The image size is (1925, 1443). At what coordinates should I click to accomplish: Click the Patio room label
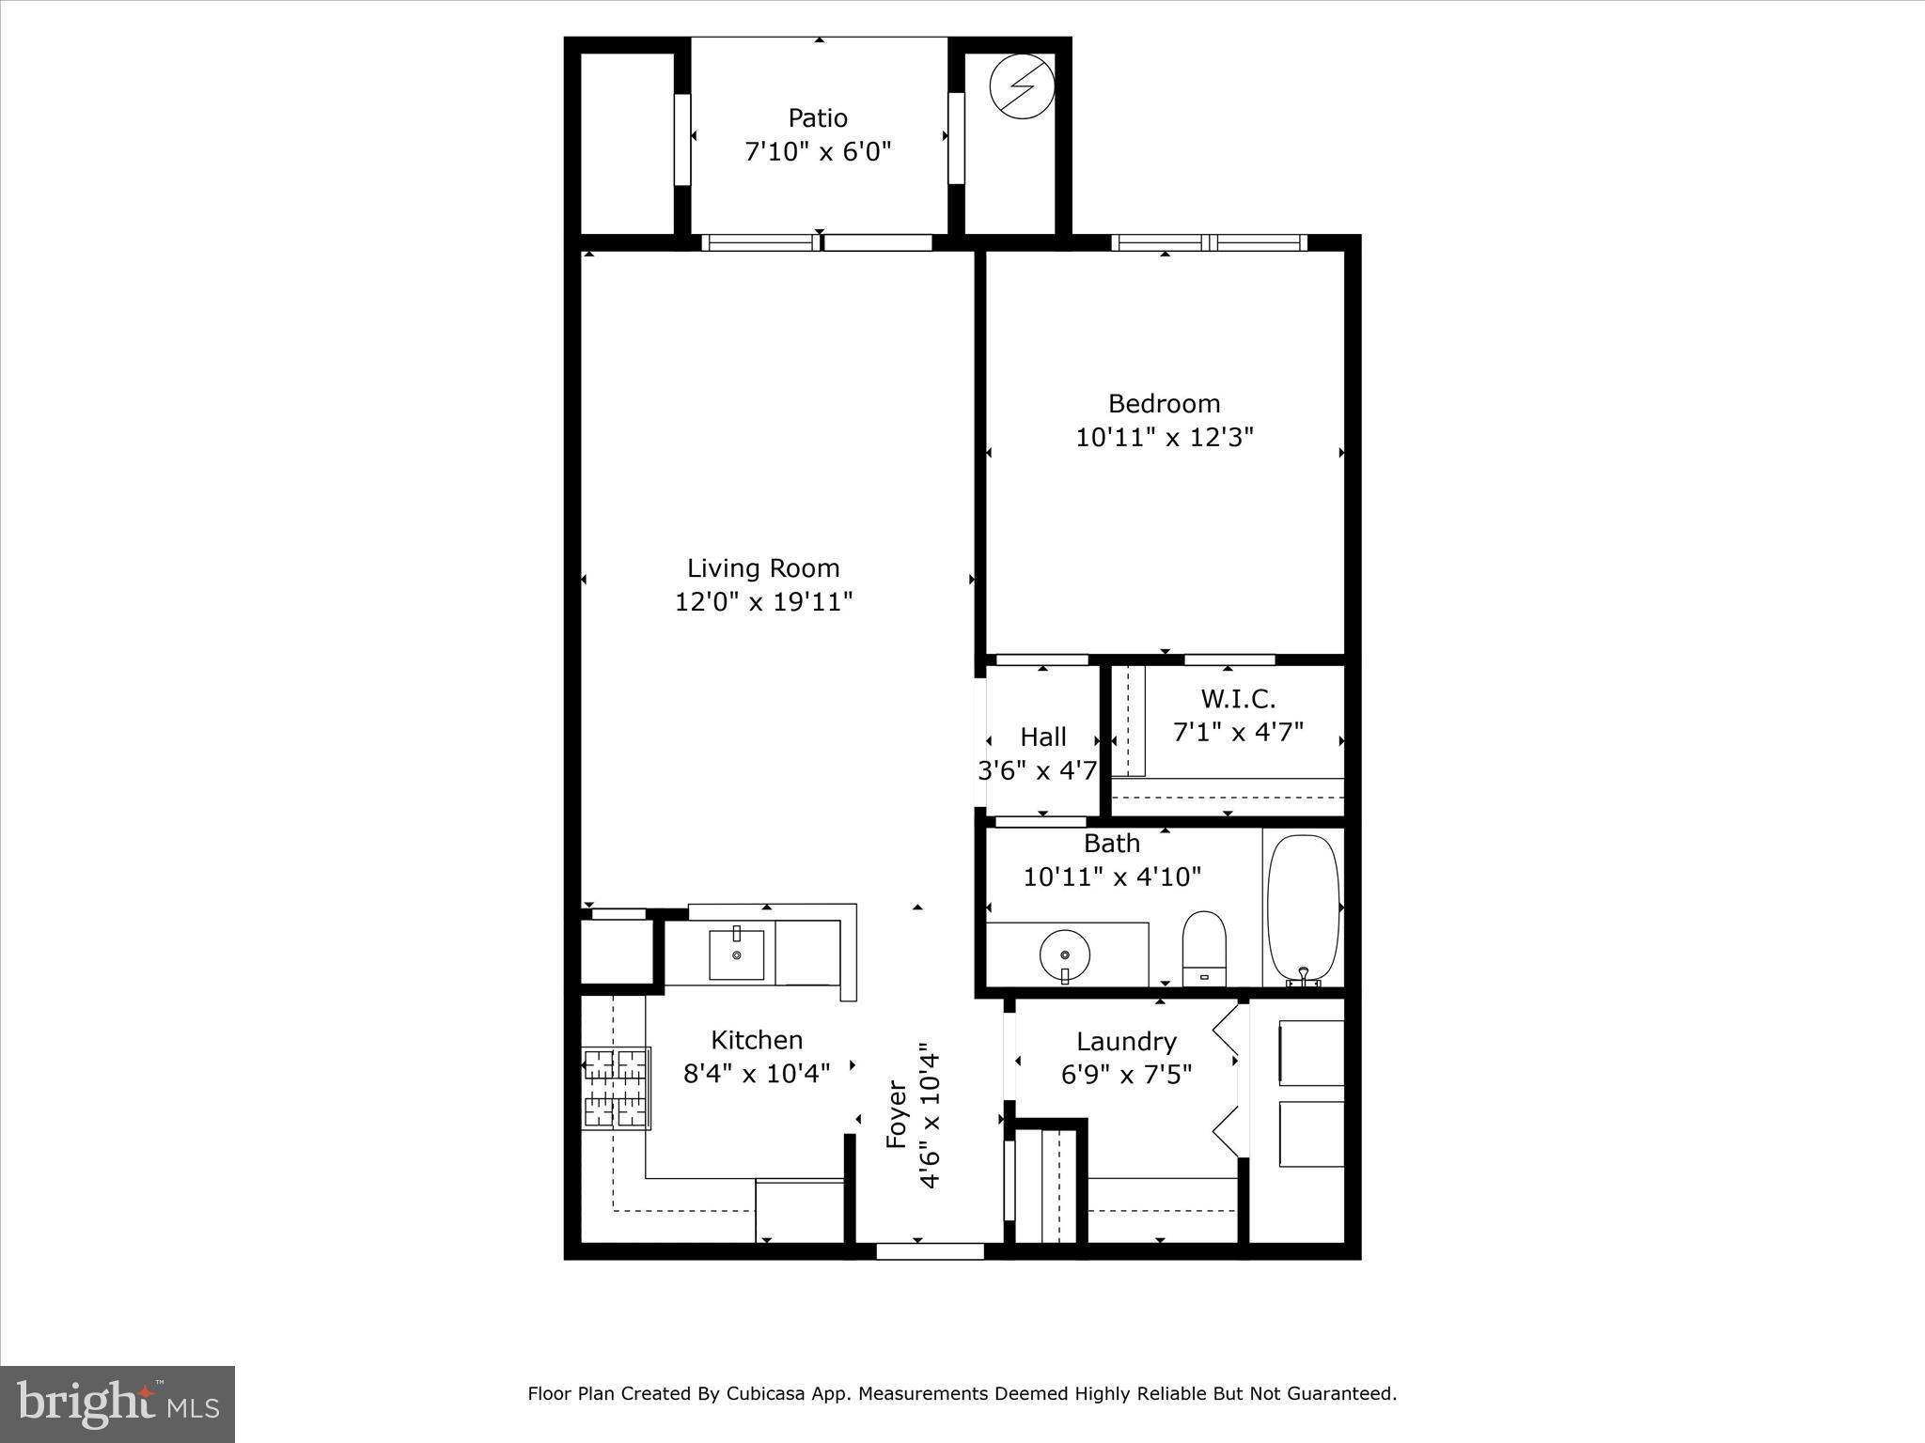click(818, 118)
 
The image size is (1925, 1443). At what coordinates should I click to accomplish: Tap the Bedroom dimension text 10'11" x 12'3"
click(1165, 438)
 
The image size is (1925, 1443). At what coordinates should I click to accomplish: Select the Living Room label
click(763, 568)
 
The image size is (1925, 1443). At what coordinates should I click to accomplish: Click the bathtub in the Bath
click(1303, 908)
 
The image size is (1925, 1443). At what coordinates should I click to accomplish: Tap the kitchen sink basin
click(736, 954)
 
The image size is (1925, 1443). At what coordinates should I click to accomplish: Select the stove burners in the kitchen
click(616, 1088)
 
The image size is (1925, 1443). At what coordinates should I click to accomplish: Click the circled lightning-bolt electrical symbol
click(1022, 86)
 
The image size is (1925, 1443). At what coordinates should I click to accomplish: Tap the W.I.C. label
click(1238, 699)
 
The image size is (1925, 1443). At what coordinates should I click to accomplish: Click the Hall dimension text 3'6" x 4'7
click(1038, 771)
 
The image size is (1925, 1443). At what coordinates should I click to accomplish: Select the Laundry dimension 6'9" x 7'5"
click(1126, 1075)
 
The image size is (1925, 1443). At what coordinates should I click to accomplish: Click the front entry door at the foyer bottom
click(930, 1250)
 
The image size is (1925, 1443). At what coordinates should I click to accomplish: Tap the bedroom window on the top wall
click(1209, 243)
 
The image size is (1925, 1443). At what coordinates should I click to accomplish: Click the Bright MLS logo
click(117, 1404)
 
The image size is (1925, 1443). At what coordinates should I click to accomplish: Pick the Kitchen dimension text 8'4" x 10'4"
click(757, 1073)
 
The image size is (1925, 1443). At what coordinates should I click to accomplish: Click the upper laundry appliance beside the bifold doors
click(1310, 1052)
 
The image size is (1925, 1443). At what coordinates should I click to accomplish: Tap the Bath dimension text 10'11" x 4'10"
click(1112, 877)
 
